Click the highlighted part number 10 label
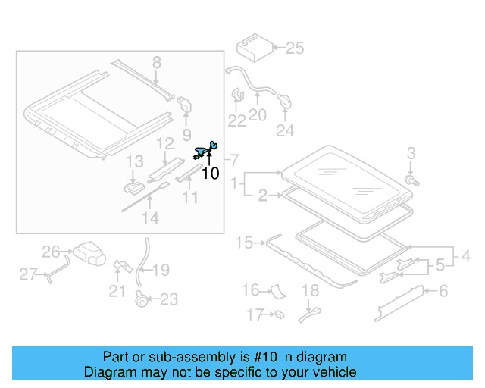(x=211, y=174)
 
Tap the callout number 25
(x=293, y=49)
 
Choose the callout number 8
(x=156, y=64)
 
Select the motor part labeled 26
(x=89, y=253)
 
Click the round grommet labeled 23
(x=140, y=299)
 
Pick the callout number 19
(x=162, y=271)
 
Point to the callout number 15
(x=244, y=243)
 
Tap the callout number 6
(x=443, y=291)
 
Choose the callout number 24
(x=284, y=130)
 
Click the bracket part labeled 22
(x=236, y=98)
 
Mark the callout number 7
(x=234, y=160)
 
